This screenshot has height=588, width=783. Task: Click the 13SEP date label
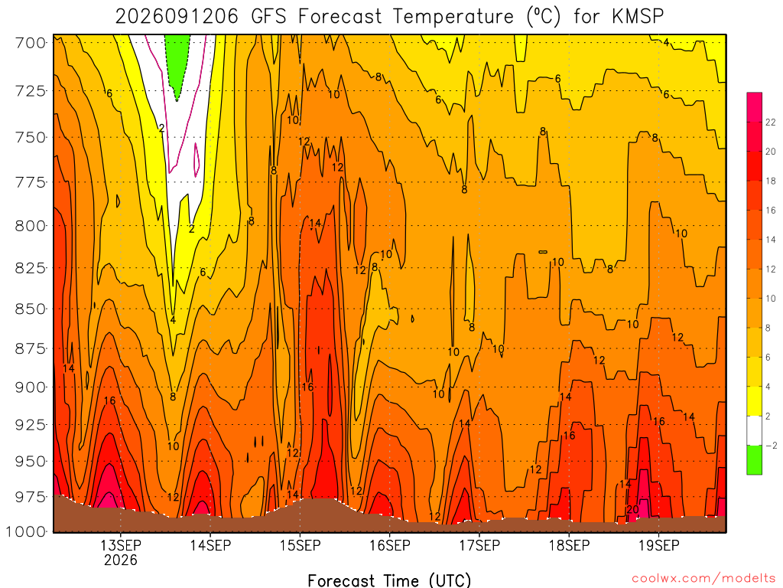coord(121,545)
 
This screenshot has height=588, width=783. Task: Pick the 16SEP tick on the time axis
coord(390,545)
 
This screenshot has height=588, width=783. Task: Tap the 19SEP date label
coord(659,545)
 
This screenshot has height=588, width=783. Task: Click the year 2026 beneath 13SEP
coord(121,560)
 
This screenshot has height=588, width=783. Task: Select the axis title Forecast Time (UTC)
coord(389,580)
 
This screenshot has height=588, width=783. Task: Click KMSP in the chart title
coord(637,17)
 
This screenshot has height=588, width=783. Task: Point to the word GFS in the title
coord(269,17)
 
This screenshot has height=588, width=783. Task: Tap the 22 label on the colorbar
coord(771,122)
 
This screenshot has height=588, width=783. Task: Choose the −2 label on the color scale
coord(771,446)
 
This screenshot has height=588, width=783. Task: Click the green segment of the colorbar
coord(755,460)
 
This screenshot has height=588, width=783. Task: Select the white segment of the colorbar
coord(755,430)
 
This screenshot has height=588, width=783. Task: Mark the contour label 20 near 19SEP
coord(632,509)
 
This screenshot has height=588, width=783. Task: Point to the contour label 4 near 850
coord(173,320)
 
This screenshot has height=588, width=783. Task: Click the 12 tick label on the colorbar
coord(771,269)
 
